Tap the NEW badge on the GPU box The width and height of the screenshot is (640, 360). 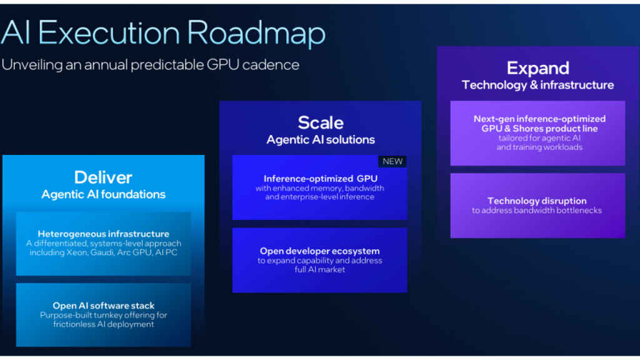click(392, 161)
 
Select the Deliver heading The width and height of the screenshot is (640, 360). click(103, 177)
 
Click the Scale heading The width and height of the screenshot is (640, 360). click(320, 122)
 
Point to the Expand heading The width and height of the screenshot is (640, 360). click(537, 68)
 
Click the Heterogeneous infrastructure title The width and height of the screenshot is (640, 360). click(103, 234)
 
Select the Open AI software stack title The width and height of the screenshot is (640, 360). click(103, 306)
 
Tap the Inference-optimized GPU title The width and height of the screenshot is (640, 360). click(320, 179)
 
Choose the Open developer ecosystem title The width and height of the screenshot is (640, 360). click(320, 251)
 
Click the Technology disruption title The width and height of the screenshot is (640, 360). click(537, 201)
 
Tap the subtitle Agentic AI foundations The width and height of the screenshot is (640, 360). click(103, 194)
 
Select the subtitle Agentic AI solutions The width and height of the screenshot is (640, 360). click(320, 139)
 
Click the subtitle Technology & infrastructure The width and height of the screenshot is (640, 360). click(537, 85)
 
